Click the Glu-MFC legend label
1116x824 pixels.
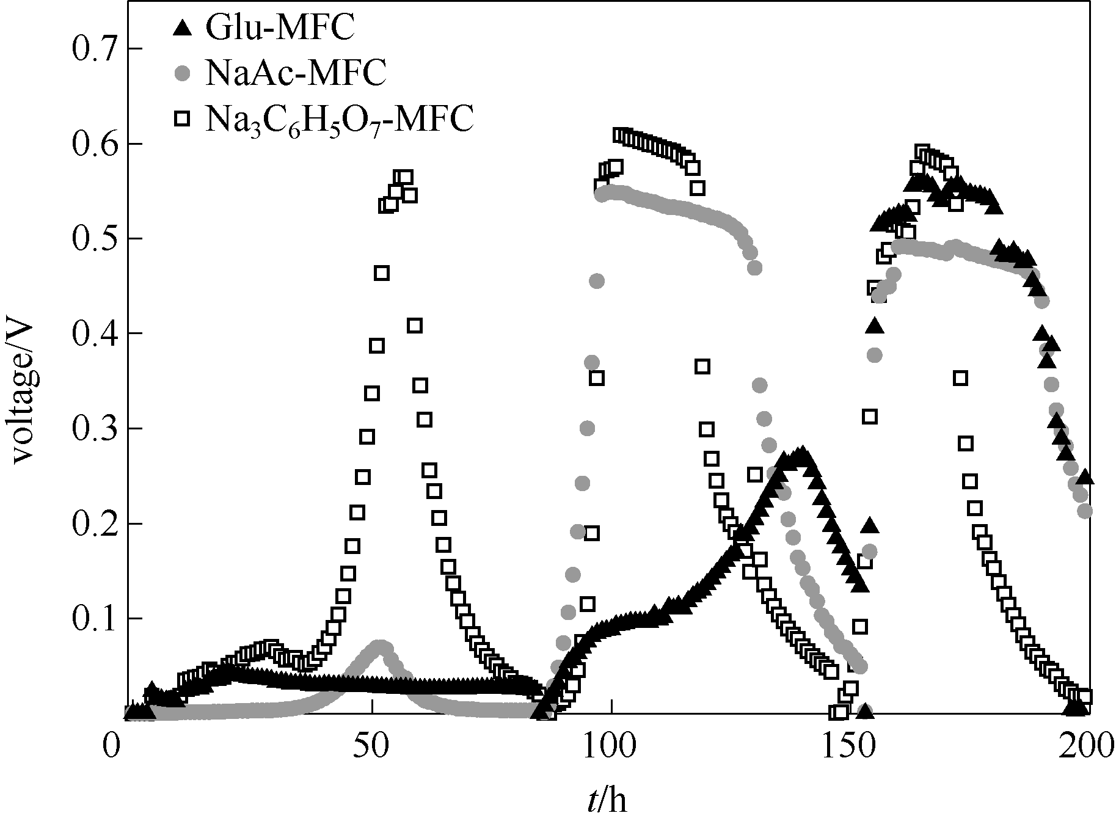point(280,29)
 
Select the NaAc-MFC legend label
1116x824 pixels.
point(296,74)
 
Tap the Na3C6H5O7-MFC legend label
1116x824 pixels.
point(339,119)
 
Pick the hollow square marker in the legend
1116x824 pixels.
point(182,118)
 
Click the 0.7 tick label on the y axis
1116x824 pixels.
point(93,49)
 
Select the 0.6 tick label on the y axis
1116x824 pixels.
point(93,144)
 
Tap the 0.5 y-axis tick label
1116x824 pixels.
point(93,239)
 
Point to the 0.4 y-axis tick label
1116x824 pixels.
point(93,334)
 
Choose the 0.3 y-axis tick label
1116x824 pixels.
point(93,429)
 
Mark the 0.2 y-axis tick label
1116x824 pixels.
point(93,524)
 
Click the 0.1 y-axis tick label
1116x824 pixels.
point(93,619)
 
